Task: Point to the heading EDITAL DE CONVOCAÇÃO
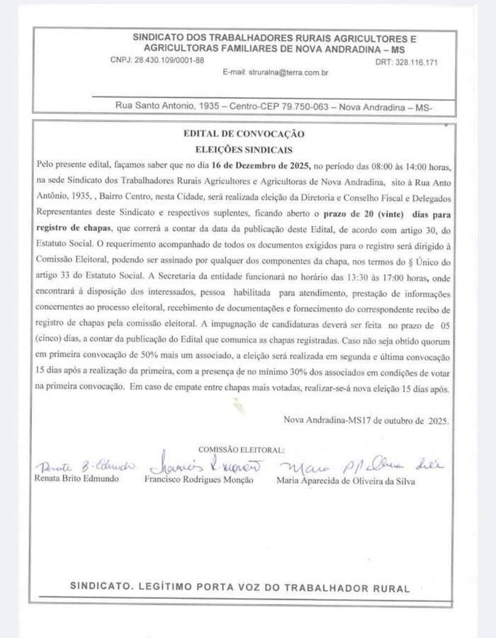click(x=244, y=133)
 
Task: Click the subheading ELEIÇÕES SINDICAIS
click(x=244, y=150)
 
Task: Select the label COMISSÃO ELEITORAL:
click(x=241, y=449)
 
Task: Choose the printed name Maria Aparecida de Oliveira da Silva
click(x=345, y=481)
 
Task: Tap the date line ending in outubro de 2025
click(x=366, y=420)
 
